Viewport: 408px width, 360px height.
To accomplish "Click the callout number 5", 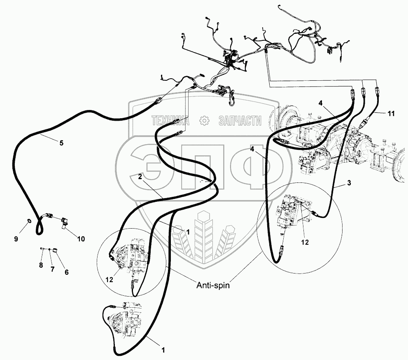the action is pyautogui.click(x=61, y=143).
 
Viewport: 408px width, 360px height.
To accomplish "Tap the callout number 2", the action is pyautogui.click(x=140, y=176).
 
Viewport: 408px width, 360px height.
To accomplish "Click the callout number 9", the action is pyautogui.click(x=16, y=239).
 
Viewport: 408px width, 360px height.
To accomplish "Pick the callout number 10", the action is pyautogui.click(x=80, y=239).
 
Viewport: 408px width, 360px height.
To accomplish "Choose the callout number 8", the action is pyautogui.click(x=41, y=265).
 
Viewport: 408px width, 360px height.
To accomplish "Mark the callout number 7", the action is pyautogui.click(x=52, y=269).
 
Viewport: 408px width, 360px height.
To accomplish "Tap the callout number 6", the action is pyautogui.click(x=66, y=272).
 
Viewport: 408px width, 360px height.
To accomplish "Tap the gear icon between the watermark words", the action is pyautogui.click(x=203, y=121).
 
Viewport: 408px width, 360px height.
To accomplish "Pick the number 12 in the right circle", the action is pyautogui.click(x=304, y=243).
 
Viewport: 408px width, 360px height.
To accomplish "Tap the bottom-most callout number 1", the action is pyautogui.click(x=163, y=351).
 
